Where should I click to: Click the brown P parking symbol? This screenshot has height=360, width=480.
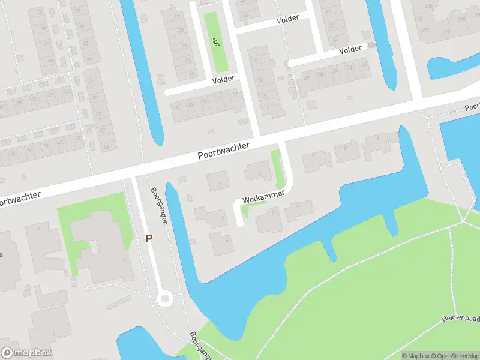coord(149,238)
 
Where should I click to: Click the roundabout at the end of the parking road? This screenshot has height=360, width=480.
coord(164,299)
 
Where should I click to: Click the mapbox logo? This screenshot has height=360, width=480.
coord(26,353)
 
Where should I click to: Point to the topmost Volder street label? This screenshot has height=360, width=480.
coord(288,19)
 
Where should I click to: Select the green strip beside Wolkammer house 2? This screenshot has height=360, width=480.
coord(277,168)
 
